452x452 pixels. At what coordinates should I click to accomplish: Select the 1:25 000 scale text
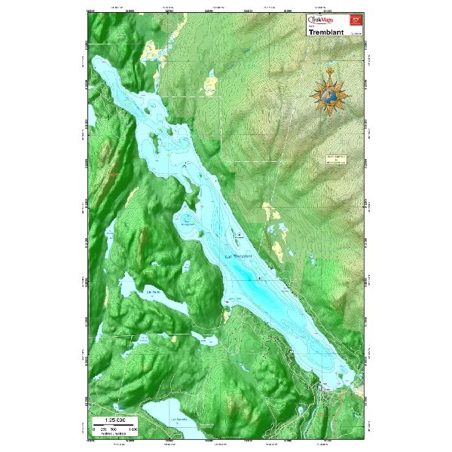(110, 418)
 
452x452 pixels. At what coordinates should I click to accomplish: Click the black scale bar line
(114, 425)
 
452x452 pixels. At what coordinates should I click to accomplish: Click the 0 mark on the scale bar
(94, 429)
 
